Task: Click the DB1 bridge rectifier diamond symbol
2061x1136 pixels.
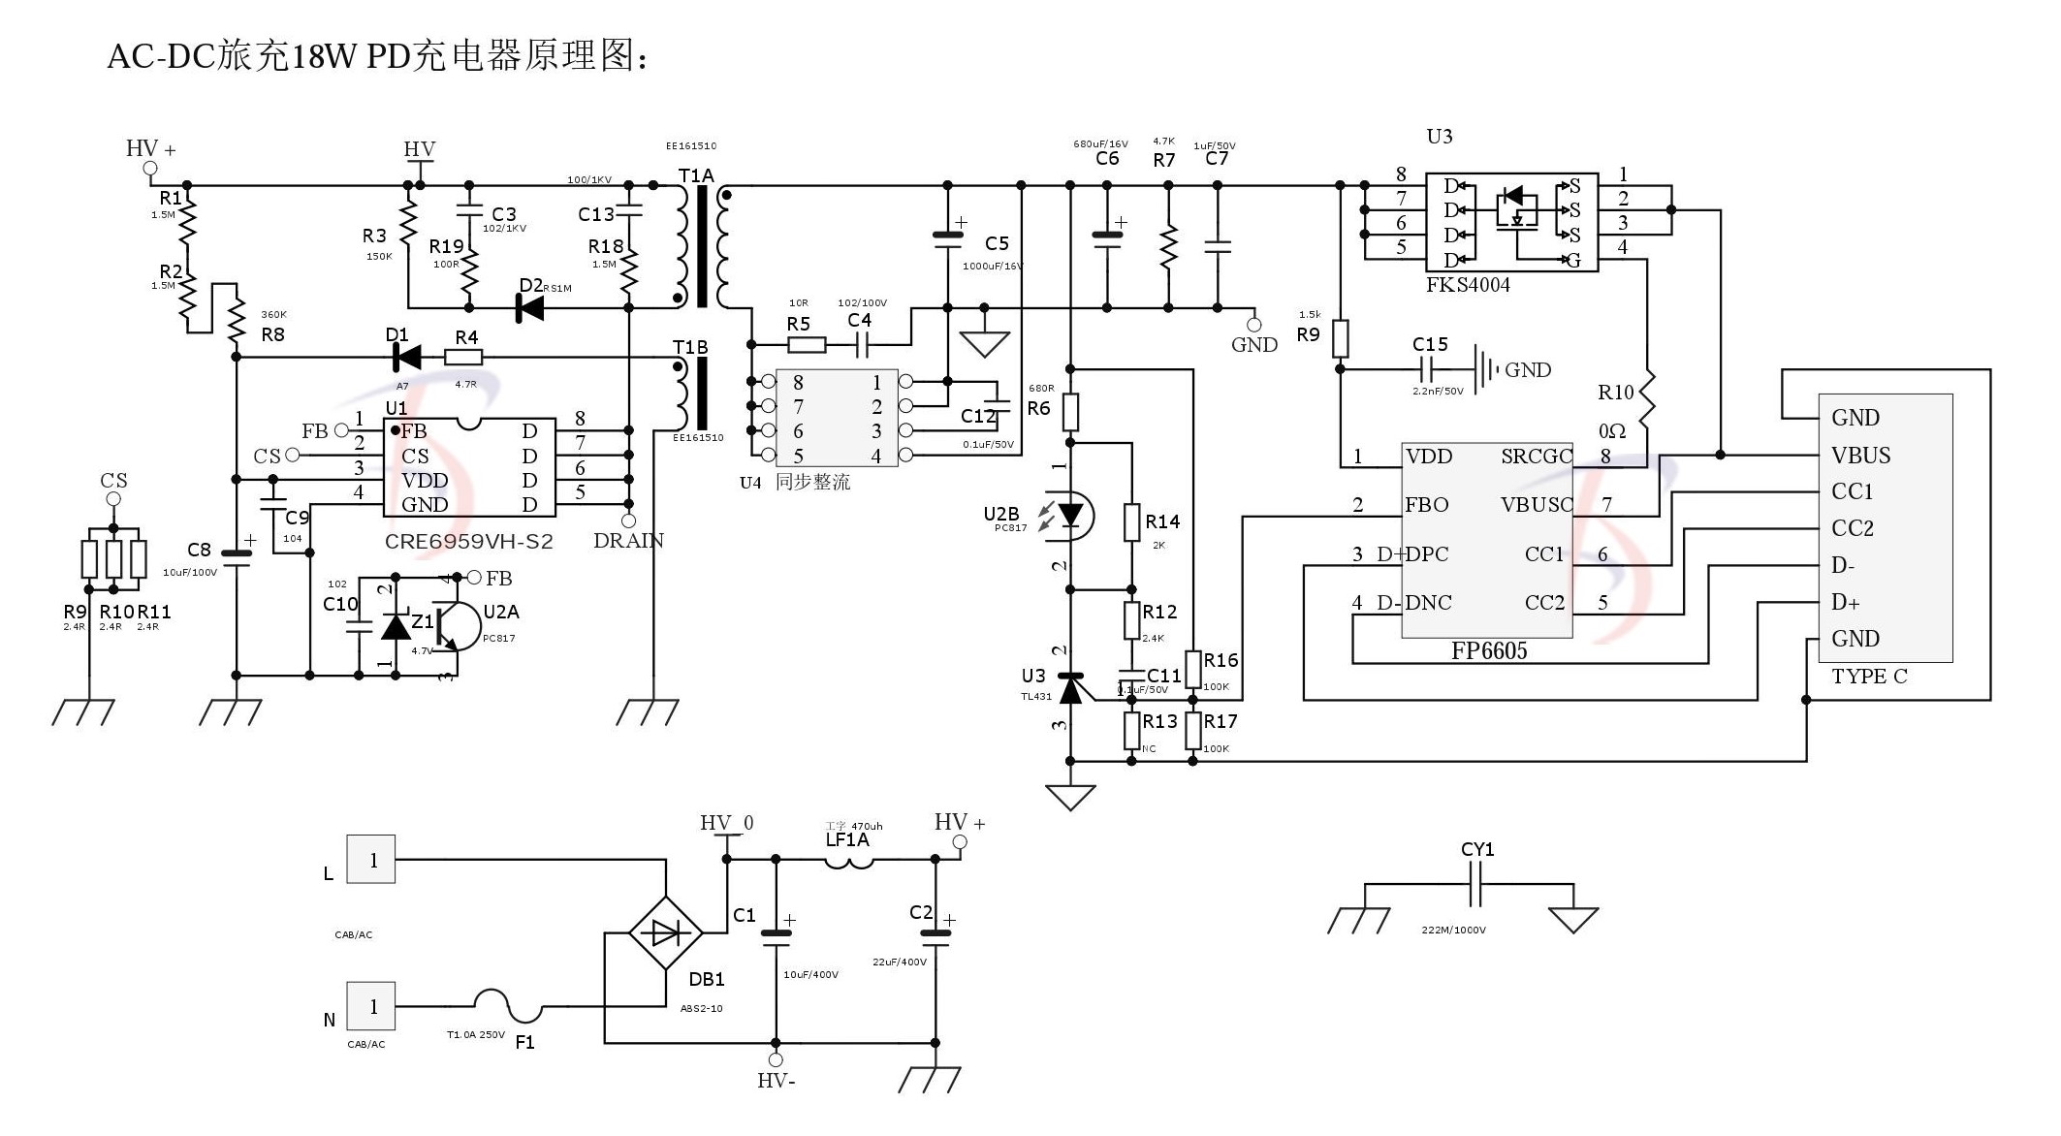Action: pos(666,933)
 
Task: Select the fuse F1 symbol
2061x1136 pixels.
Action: pos(509,1006)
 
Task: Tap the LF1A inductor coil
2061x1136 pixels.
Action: pos(849,861)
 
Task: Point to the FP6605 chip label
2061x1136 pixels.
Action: pos(1488,651)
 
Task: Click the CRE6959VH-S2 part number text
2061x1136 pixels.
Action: pos(468,541)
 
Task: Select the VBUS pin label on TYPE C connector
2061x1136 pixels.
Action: pos(1860,455)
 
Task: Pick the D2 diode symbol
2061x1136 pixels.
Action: pos(529,308)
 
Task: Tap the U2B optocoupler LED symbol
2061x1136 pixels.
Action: pos(1070,515)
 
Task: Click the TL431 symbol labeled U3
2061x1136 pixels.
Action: pos(1070,688)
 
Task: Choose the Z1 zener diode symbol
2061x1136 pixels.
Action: pos(396,626)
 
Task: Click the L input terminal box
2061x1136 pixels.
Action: pos(372,860)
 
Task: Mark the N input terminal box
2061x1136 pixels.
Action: pos(372,1006)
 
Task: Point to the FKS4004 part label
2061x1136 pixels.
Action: pos(1468,285)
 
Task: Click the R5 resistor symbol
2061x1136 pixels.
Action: pos(806,344)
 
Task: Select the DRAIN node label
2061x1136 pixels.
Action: pos(628,541)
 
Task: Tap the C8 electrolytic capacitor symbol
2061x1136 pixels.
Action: pos(237,555)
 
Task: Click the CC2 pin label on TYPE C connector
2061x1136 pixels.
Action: pos(1852,528)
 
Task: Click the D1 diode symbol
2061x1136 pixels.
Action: pos(406,358)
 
